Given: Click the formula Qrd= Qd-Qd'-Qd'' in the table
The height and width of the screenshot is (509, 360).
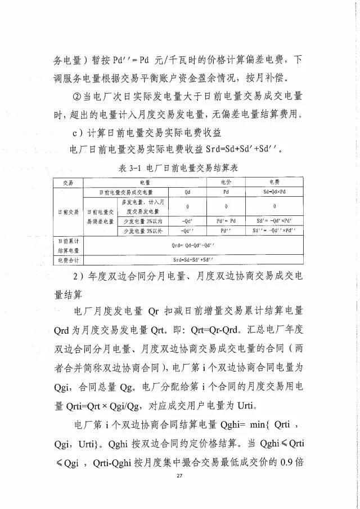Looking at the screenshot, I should (189, 246).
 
